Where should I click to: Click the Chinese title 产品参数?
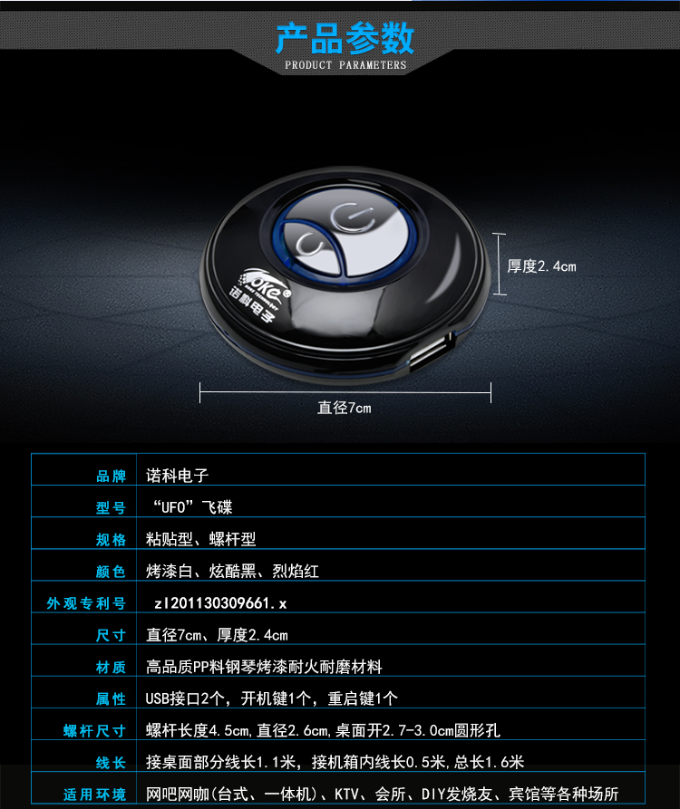click(x=345, y=38)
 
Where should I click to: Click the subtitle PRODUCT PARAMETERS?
click(x=345, y=65)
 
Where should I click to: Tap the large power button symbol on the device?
click(x=354, y=217)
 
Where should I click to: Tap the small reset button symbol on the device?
click(x=309, y=243)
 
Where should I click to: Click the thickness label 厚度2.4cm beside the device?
click(x=541, y=266)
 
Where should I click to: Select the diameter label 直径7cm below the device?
click(x=345, y=408)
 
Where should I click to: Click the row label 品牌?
click(x=111, y=477)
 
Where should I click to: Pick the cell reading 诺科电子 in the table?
click(x=177, y=476)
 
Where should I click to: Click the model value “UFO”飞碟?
click(x=191, y=507)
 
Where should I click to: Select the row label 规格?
click(x=111, y=540)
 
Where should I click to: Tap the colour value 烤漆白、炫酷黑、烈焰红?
click(x=232, y=571)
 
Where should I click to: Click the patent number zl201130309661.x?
click(x=220, y=603)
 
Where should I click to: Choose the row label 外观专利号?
click(x=86, y=603)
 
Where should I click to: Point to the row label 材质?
click(x=111, y=667)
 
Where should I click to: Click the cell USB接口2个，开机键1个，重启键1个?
click(x=272, y=698)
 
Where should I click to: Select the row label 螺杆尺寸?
click(x=94, y=730)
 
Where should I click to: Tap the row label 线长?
click(x=111, y=763)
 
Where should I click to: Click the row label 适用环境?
click(x=94, y=795)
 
